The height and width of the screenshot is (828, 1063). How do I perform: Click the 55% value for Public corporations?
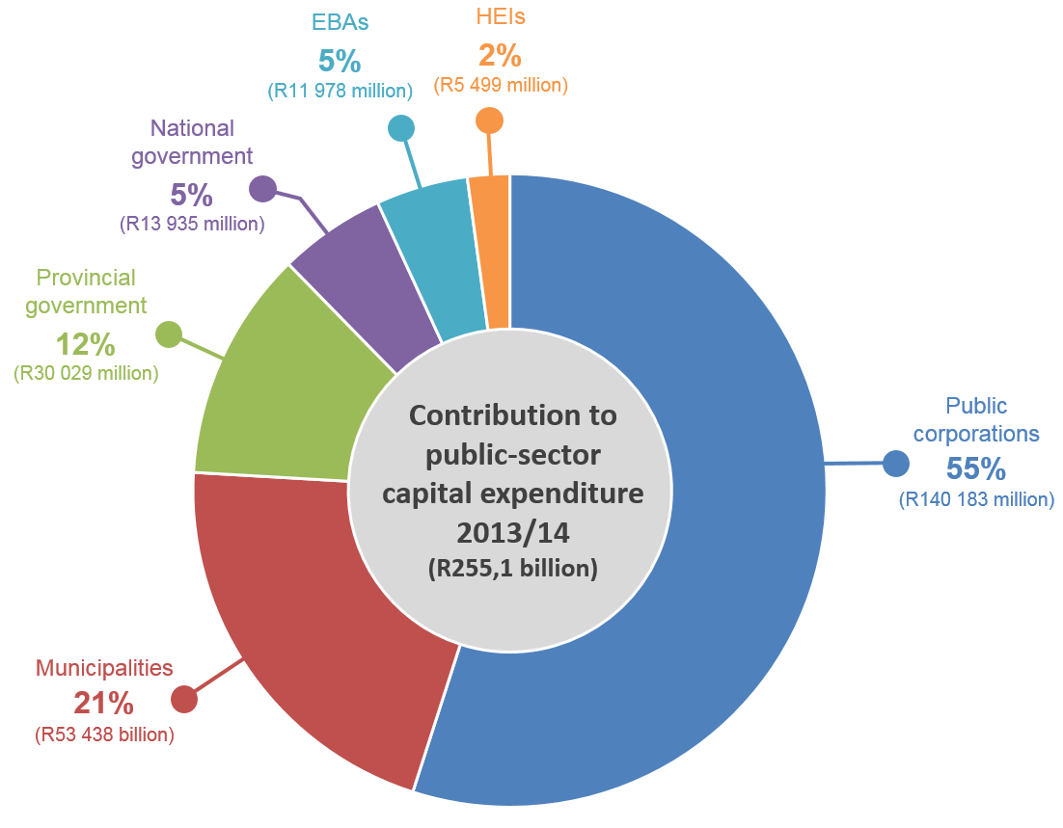(975, 468)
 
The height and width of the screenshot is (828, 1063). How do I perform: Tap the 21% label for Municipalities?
(104, 703)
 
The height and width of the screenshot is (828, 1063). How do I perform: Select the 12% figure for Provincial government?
(85, 342)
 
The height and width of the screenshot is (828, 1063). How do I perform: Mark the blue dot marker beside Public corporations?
(896, 464)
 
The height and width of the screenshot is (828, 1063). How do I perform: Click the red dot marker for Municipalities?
(184, 699)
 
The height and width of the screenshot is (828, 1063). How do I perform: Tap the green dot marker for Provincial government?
(169, 334)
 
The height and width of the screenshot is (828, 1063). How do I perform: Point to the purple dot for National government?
(262, 189)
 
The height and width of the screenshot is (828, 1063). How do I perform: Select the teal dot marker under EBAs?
(401, 128)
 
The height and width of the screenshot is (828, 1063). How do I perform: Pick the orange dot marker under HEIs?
(490, 120)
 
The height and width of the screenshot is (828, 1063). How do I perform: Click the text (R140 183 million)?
(975, 500)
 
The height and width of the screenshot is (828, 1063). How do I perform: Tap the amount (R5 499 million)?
(501, 86)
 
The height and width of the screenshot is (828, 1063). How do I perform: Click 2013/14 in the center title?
(512, 532)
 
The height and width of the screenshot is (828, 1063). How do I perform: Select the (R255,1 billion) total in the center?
(512, 569)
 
